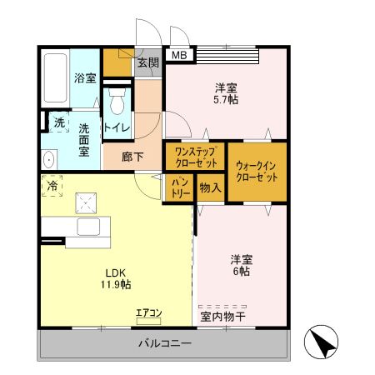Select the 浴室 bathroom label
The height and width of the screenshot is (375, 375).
coord(85,78)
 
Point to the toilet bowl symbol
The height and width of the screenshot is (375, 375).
coord(117,102)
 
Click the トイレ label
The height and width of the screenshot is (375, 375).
coord(117,127)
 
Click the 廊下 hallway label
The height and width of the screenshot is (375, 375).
coord(132,156)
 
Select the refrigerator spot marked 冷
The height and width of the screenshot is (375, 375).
coord(52,186)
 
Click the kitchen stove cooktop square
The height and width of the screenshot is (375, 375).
coord(85,201)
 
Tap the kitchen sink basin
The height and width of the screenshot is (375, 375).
coord(88,227)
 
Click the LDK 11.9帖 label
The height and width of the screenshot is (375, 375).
coord(116,277)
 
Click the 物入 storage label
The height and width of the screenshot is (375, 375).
coord(210,187)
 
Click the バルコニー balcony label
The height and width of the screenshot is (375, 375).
coord(163,343)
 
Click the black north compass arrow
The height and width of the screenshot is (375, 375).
coord(325,342)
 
